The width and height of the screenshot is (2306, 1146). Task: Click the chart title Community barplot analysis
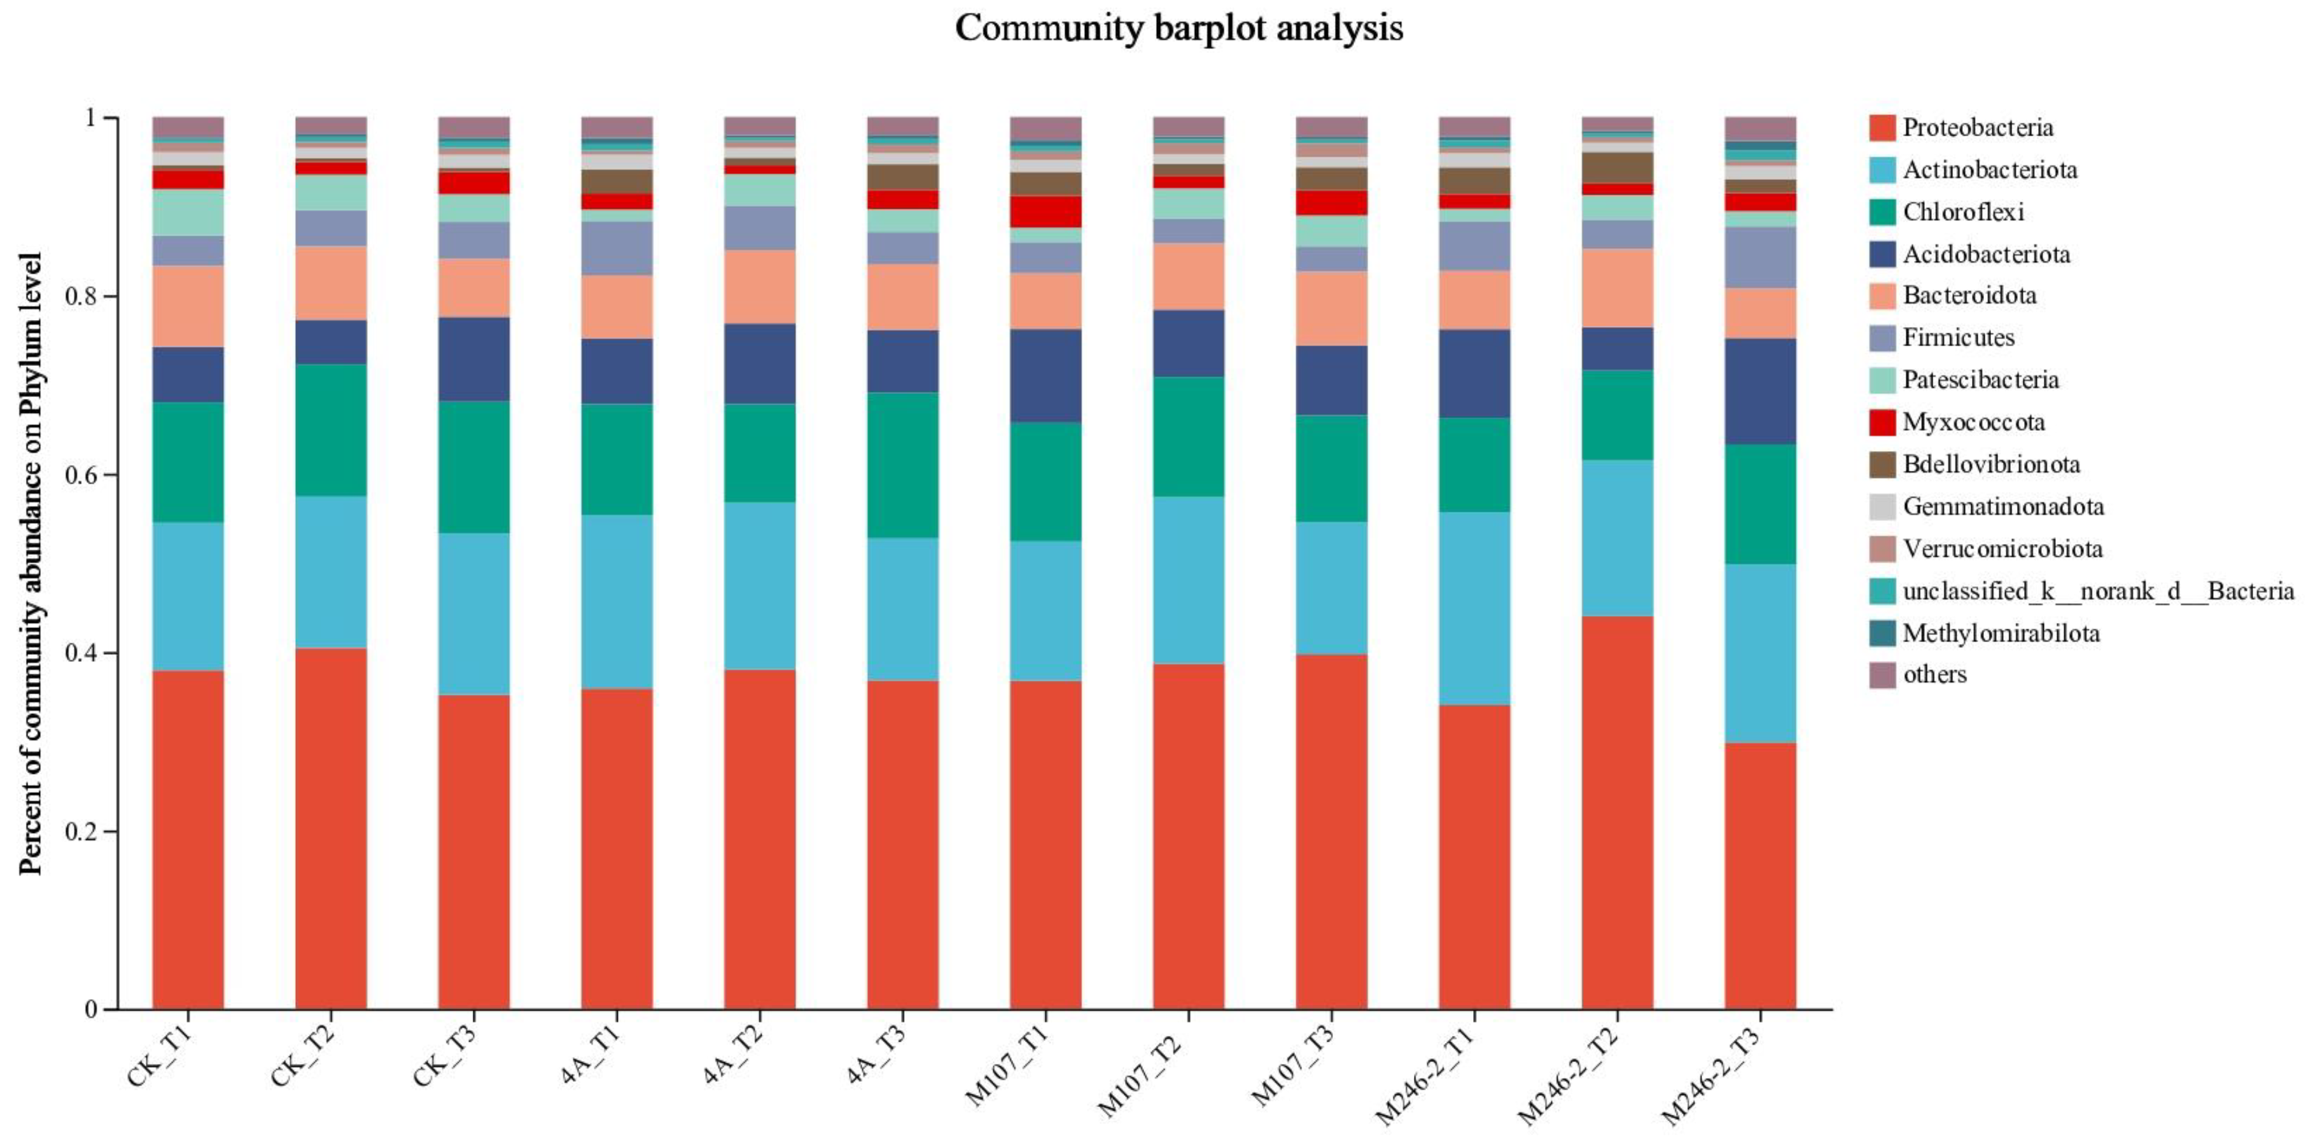(1178, 29)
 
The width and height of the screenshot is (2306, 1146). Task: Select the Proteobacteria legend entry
(1976, 127)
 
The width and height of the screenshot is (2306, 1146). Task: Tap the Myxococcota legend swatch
(1883, 423)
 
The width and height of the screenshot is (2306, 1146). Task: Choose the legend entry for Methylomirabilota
(2000, 633)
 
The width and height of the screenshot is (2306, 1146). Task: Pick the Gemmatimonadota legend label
(2002, 507)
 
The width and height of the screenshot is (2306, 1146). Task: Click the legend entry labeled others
(1934, 674)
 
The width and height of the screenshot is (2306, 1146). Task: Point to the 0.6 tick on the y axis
(81, 475)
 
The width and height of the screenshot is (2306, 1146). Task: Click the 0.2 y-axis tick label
(81, 831)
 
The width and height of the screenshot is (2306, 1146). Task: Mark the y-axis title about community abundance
(31, 564)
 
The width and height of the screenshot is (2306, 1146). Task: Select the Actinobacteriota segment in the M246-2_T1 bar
(1474, 609)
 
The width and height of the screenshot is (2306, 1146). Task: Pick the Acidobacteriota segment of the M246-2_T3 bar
(1760, 391)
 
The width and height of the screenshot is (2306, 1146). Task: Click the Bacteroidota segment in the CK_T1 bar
(188, 306)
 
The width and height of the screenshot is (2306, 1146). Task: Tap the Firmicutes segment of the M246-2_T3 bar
(1760, 257)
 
